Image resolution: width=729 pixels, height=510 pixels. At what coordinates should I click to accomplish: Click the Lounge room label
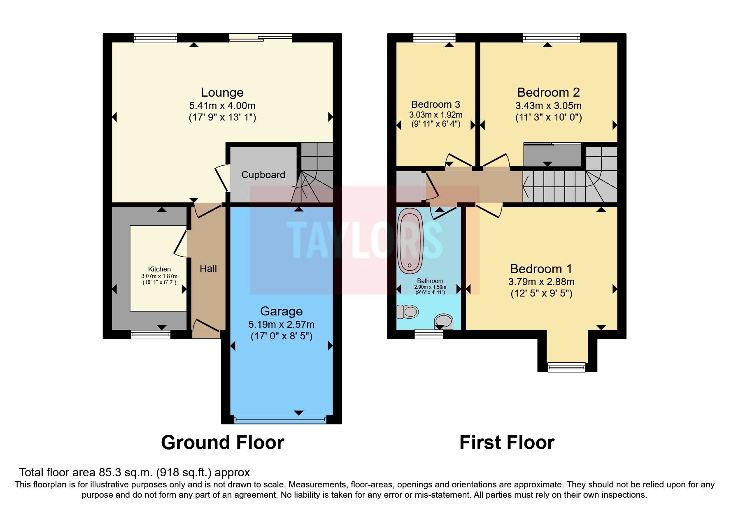pos(222,92)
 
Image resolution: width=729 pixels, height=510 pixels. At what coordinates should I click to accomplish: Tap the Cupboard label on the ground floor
pos(263,175)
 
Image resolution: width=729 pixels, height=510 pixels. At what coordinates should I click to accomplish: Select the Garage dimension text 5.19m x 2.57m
pos(281,325)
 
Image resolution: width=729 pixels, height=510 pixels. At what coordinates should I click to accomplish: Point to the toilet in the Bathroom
pos(408,312)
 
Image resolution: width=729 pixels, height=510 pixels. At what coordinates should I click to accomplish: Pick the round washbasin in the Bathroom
pos(444,321)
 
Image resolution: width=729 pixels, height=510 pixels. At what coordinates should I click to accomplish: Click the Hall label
pos(208,269)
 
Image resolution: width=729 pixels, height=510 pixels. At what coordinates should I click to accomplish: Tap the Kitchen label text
pos(159,269)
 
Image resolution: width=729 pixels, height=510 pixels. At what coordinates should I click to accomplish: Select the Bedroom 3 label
pos(436,104)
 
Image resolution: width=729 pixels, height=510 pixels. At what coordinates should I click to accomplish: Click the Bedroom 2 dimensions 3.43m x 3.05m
pos(548,106)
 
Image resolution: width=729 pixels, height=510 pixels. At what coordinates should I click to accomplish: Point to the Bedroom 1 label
pos(541,269)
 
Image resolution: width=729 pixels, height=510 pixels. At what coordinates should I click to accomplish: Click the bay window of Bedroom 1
pos(566,367)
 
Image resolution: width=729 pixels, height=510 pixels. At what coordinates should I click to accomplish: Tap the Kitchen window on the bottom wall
pos(151,335)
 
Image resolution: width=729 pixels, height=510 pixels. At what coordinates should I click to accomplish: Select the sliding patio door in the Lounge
pos(261,38)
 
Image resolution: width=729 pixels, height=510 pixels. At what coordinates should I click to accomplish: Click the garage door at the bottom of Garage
pos(281,420)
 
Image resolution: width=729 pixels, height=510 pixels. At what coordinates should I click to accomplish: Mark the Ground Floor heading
pos(222,443)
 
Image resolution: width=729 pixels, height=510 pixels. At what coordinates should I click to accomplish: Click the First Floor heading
pos(506,443)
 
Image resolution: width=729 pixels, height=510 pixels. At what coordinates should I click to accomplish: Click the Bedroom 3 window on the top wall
pos(434,38)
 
